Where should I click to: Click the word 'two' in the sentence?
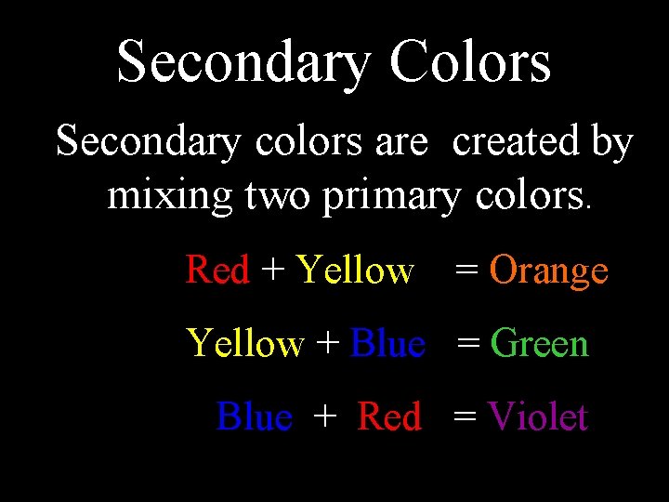(269, 196)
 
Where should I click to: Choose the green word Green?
(539, 344)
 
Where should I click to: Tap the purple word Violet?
(537, 416)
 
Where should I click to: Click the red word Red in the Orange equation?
(217, 271)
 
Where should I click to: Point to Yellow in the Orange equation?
(354, 271)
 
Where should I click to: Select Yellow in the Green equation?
(245, 344)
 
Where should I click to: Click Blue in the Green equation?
(388, 344)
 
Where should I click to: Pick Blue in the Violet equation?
(254, 416)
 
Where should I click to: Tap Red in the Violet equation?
(389, 416)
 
